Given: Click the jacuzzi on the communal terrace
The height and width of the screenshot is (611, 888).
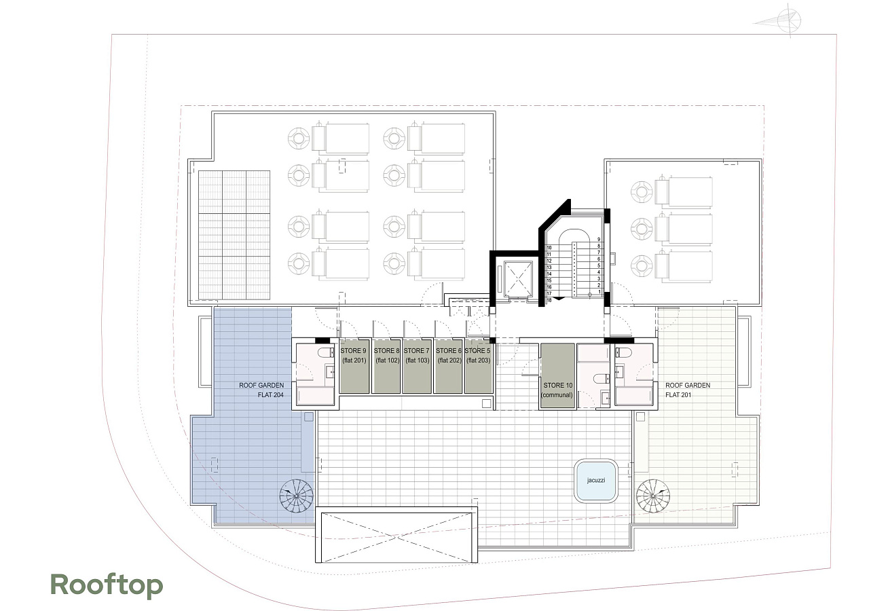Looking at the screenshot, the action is pos(596,481).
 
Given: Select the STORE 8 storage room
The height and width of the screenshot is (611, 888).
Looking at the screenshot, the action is pos(386,366).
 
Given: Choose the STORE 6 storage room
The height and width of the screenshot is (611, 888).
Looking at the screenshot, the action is pos(448,366).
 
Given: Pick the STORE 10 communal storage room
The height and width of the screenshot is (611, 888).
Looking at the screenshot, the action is pos(557,376).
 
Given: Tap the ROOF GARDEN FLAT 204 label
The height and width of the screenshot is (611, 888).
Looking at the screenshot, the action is pos(261,390).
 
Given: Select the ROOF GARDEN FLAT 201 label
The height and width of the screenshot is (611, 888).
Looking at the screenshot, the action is pos(688,390).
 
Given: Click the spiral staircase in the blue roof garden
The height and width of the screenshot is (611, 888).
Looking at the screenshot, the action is pos(296,496).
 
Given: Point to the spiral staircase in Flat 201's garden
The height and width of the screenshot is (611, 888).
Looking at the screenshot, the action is pos(653,496).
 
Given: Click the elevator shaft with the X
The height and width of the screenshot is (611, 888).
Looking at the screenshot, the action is pos(517,279).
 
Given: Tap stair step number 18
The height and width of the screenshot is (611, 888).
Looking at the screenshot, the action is pos(549,300).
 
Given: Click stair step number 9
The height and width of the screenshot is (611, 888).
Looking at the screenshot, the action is pos(599,240).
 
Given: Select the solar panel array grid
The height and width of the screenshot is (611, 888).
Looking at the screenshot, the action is pos(234,235).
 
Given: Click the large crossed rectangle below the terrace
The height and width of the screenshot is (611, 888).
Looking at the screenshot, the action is pos(397,537).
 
